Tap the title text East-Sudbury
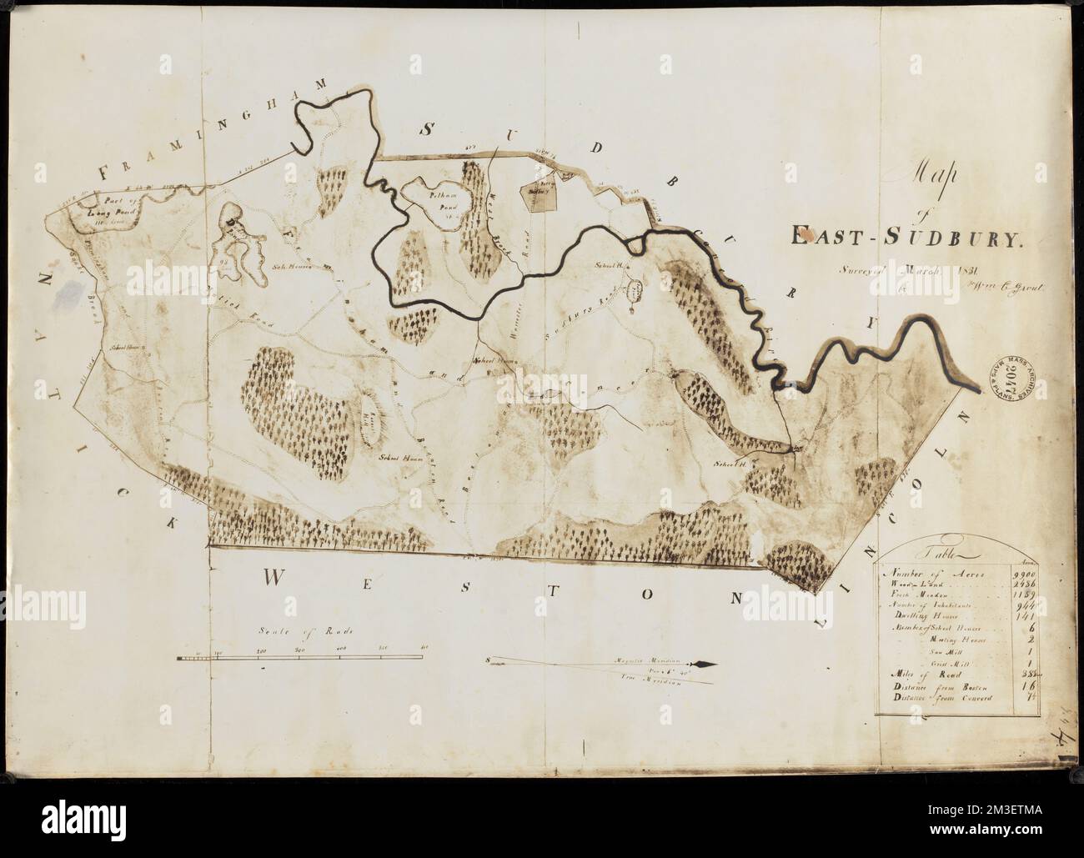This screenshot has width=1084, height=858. coord(906,239)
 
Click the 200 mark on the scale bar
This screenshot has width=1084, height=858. coord(260,649)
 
